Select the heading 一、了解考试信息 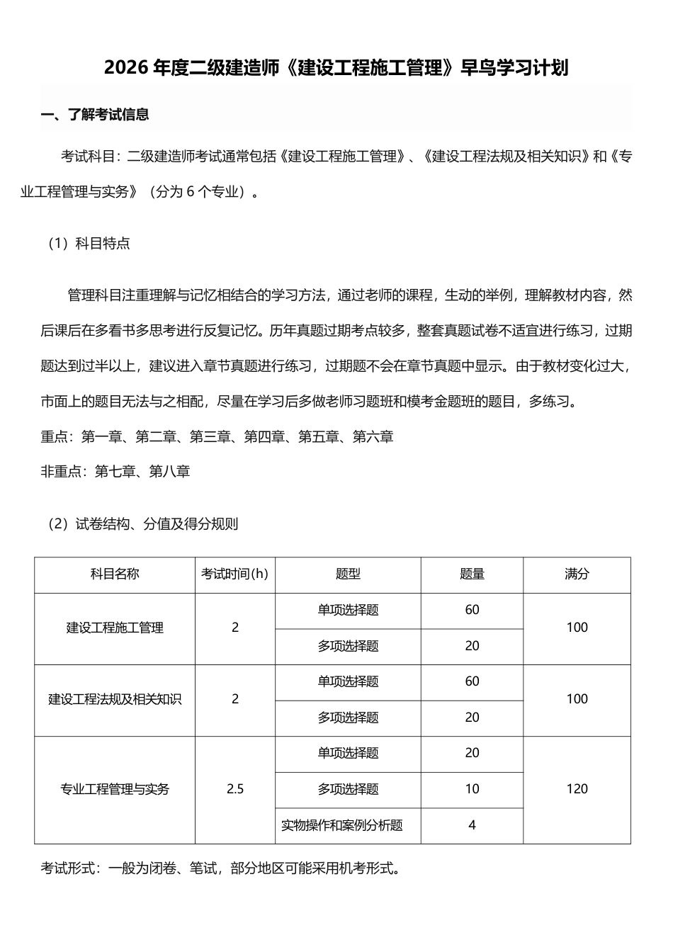[x=95, y=115]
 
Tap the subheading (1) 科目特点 [x=89, y=244]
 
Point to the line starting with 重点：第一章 [x=217, y=437]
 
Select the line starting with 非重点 [x=115, y=471]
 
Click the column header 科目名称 [x=115, y=574]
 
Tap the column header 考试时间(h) [x=235, y=574]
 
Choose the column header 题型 [x=348, y=574]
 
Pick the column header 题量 [x=472, y=574]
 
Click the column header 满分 [x=577, y=574]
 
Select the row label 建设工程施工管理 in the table [x=115, y=628]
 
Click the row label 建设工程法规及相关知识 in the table [x=115, y=700]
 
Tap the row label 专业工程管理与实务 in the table [x=115, y=789]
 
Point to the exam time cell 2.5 [x=235, y=789]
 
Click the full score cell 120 [x=577, y=789]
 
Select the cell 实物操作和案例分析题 [x=342, y=825]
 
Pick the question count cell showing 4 [x=472, y=825]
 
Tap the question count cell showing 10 [x=472, y=789]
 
